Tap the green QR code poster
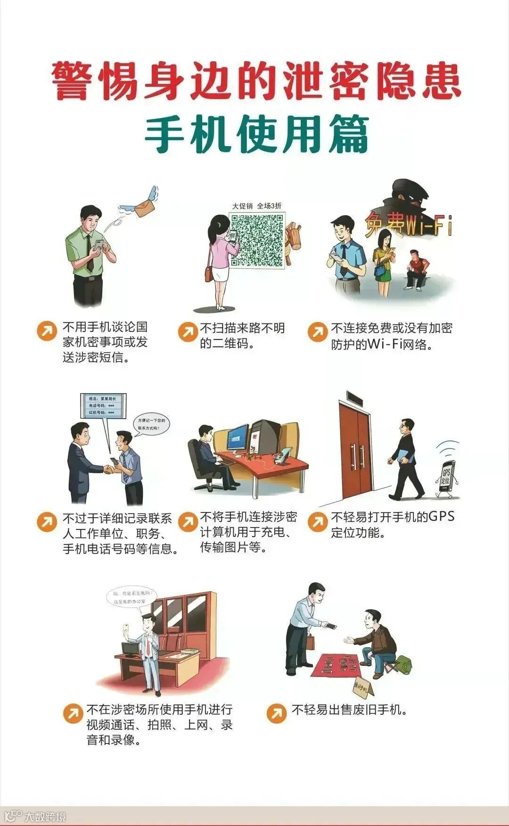(257, 240)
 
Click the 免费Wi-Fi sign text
(408, 225)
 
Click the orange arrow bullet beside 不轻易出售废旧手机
(277, 713)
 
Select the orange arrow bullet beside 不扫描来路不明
(188, 331)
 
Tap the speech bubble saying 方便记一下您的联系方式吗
(152, 424)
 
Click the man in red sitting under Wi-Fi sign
(416, 269)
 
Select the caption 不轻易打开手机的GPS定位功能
(393, 524)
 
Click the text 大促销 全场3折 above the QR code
(257, 206)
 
